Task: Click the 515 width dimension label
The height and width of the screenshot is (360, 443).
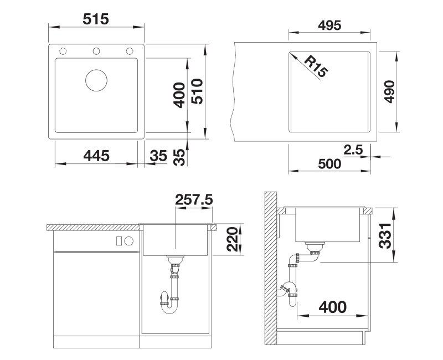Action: [95, 19]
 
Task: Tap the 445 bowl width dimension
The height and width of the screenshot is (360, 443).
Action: [96, 156]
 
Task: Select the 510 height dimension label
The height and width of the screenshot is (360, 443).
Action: [197, 91]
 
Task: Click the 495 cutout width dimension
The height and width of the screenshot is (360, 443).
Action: [329, 25]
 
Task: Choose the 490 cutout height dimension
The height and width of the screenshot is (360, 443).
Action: [389, 91]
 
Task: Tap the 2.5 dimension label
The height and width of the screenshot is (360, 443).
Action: [353, 150]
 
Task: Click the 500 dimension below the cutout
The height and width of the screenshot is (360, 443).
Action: [329, 163]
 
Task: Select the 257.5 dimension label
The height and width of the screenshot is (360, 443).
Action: [194, 200]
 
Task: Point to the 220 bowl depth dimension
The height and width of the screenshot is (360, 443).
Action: [233, 239]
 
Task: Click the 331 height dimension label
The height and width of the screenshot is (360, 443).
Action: [385, 236]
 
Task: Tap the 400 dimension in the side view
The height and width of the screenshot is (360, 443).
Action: [333, 307]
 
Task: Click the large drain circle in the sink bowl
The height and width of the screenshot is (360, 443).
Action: [96, 80]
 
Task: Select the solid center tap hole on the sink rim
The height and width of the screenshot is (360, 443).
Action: [96, 51]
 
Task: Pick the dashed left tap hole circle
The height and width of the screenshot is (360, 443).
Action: [63, 51]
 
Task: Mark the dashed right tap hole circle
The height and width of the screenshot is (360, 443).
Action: [130, 51]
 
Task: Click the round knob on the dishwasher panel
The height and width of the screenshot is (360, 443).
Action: [129, 241]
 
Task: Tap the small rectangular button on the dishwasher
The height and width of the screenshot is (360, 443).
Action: [119, 241]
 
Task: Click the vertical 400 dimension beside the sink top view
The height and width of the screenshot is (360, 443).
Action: [179, 95]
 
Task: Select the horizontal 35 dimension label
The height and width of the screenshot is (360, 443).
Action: [158, 156]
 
